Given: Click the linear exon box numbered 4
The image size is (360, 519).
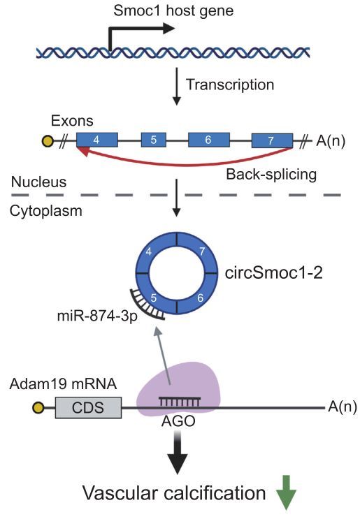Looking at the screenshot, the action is [97, 140].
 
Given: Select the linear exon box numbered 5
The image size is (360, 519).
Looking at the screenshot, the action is [153, 140].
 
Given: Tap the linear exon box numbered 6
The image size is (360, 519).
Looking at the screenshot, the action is [209, 140].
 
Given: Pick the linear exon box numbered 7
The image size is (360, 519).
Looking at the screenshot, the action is [272, 140].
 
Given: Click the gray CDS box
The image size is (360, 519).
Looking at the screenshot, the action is [88, 407].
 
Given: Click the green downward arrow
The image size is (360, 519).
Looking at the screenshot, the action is [286, 492].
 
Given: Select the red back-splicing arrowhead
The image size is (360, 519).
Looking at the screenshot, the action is [82, 152].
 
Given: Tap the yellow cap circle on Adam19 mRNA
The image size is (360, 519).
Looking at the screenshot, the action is [38, 407].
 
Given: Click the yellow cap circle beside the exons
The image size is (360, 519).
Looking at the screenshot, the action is [48, 141].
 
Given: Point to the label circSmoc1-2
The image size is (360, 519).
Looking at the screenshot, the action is [273, 273].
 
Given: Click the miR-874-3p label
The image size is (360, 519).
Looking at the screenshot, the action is [97, 316].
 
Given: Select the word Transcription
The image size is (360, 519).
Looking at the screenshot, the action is [230, 85].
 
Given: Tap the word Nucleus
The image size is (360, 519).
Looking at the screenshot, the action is [38, 182].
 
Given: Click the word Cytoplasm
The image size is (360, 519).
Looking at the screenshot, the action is [45, 211].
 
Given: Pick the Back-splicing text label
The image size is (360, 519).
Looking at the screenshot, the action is [271, 175].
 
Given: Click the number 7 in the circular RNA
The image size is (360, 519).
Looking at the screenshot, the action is [202, 251].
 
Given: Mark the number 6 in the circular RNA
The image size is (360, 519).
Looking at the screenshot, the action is [200, 298].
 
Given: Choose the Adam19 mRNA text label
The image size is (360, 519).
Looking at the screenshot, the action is [63, 384].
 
